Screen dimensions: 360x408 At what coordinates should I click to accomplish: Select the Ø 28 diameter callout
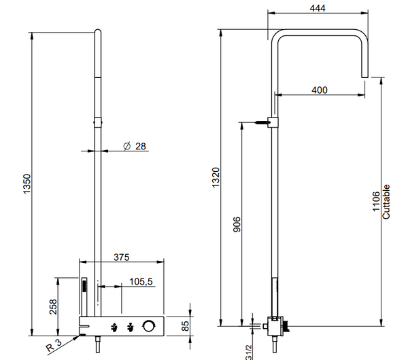tap(135, 146)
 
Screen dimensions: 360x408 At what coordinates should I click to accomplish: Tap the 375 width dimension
tap(122, 257)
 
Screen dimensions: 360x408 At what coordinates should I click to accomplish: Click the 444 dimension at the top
tap(317, 8)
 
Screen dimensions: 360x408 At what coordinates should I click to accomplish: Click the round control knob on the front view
tap(149, 327)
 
